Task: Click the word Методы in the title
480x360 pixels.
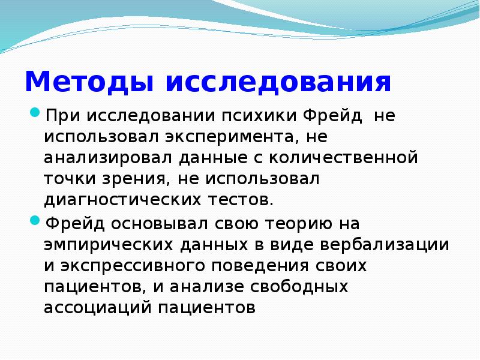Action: point(89,82)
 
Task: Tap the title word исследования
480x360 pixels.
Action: point(278,82)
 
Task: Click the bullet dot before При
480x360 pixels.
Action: point(35,112)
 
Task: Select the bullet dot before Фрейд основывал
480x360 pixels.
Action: point(35,220)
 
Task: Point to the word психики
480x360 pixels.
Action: point(259,116)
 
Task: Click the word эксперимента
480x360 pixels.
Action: point(229,137)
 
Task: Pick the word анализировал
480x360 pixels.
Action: point(108,158)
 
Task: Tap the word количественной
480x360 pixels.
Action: point(343,157)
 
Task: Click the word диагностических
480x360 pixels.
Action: point(122,199)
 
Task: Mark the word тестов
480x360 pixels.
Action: point(241,200)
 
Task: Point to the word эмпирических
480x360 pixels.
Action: point(109,245)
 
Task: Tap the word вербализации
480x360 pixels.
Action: point(385,245)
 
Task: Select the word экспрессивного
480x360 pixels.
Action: point(133,266)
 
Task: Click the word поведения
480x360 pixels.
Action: point(260,265)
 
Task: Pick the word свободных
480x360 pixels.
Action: point(299,287)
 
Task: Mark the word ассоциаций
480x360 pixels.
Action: point(98,308)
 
